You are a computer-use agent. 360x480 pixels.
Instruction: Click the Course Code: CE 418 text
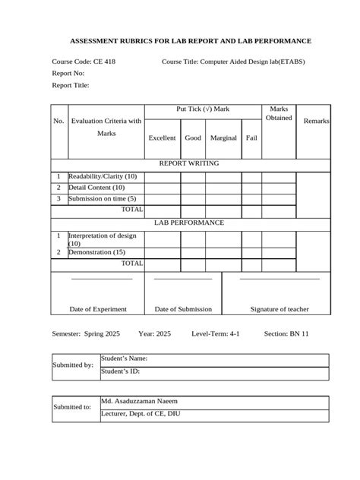click(84, 61)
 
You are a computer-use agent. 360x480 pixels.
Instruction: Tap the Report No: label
click(68, 73)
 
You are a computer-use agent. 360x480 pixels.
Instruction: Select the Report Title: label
click(71, 86)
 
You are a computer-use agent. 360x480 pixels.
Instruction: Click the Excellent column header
click(162, 138)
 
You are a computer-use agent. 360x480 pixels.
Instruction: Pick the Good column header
click(193, 138)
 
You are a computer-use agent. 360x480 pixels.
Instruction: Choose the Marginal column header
click(223, 138)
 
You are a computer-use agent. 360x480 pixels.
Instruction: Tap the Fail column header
click(251, 138)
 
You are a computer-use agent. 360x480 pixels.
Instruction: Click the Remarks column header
click(316, 122)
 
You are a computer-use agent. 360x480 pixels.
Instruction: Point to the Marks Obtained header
click(279, 114)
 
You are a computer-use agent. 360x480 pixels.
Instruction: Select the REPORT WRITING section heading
click(189, 163)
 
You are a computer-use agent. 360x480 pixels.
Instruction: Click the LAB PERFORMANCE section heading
click(189, 223)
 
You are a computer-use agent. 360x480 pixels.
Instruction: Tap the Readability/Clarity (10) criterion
click(103, 176)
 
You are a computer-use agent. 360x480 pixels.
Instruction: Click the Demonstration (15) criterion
click(97, 251)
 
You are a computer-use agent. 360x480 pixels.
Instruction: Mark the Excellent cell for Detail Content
click(162, 187)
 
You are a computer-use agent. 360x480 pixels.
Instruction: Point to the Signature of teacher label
click(279, 309)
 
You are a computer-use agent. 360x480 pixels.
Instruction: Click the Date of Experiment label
click(98, 309)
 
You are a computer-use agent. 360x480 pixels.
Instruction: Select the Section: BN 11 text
click(286, 333)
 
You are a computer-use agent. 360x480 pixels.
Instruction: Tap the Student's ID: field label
click(121, 371)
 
